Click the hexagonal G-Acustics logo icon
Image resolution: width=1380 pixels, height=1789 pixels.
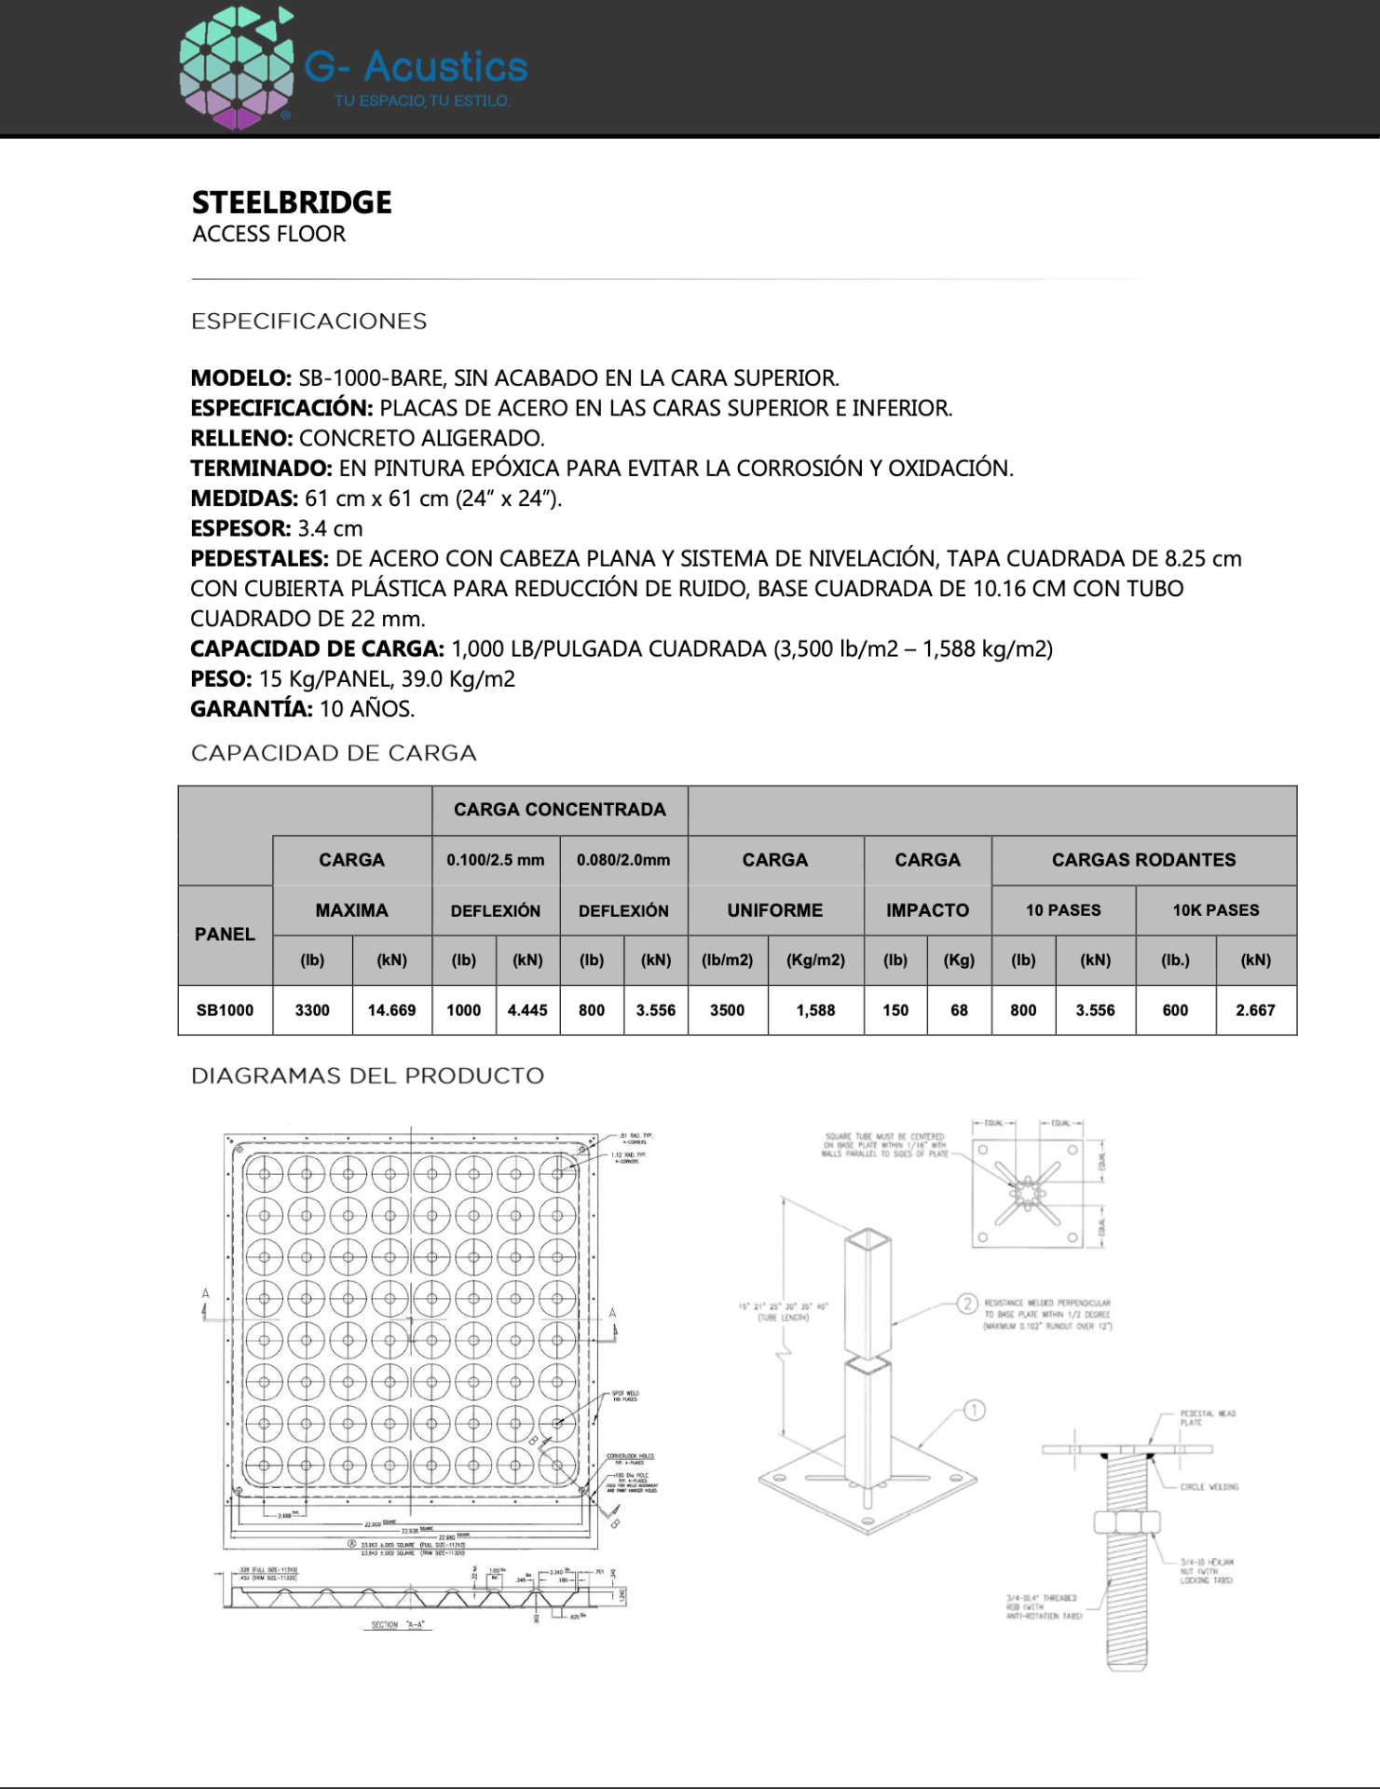pos(237,67)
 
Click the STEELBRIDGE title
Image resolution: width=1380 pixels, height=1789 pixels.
pos(292,202)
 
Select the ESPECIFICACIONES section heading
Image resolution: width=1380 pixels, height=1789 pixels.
pos(308,321)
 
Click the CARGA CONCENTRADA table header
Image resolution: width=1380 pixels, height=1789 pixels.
pos(559,810)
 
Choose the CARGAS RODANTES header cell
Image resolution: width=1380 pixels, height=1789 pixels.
pos(1143,860)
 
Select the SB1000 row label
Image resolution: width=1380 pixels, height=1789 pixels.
pos(225,1010)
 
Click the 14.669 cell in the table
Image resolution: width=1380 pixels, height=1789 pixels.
pos(391,1010)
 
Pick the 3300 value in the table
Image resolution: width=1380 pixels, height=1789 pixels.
pos(312,1010)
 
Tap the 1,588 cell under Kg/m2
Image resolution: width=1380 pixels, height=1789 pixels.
pos(815,1010)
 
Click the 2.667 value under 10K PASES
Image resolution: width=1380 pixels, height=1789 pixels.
pos(1255,1010)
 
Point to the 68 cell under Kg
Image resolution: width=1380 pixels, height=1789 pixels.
pos(959,1010)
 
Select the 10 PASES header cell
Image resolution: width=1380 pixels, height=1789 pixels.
pos(1063,910)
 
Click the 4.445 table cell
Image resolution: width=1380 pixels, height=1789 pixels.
pos(527,1010)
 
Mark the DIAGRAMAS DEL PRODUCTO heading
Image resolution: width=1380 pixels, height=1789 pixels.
pos(367,1076)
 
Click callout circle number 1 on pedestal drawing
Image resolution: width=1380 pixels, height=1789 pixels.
pos(974,1410)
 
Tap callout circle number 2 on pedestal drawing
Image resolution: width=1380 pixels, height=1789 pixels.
pos(968,1304)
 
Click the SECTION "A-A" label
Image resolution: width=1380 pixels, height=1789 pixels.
pos(397,1625)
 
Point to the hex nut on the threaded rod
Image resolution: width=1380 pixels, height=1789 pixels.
pos(1127,1523)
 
